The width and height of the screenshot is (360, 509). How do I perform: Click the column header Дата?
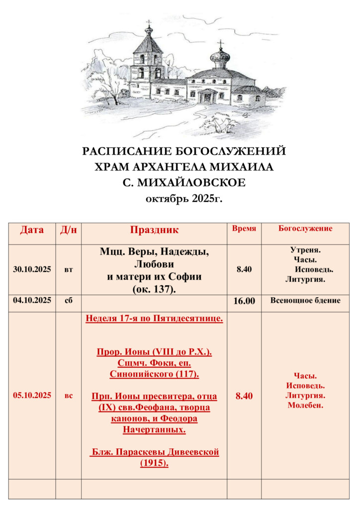tap(32, 230)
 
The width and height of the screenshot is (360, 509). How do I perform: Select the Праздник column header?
tap(154, 230)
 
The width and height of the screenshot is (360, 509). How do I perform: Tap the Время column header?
tap(244, 229)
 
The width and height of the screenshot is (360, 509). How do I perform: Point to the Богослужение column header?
tap(305, 229)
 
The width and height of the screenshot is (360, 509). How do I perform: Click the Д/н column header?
tap(69, 230)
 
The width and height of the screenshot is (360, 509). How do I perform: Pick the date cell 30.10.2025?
tap(32, 270)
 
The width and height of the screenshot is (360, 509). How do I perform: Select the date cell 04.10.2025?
tap(32, 301)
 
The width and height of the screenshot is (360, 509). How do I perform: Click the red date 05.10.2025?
tap(32, 396)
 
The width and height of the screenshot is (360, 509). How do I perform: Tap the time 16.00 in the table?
tap(244, 301)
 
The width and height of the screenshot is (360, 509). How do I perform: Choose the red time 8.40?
tap(244, 396)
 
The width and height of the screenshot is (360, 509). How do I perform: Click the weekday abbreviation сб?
tap(69, 301)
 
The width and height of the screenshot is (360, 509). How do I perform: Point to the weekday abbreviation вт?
tap(69, 270)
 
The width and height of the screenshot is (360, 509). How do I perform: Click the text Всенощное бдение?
tap(305, 301)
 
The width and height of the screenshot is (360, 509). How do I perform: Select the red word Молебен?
tap(305, 405)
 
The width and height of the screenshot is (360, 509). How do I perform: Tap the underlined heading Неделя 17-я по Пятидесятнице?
tap(154, 319)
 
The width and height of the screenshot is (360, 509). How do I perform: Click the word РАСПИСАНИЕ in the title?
tap(122, 151)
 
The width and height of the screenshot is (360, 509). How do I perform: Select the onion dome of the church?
tap(220, 57)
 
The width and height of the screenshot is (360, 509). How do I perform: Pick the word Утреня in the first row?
tap(305, 250)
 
